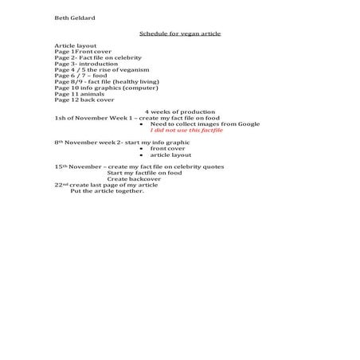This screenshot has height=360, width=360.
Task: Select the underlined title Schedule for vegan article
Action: (x=180, y=33)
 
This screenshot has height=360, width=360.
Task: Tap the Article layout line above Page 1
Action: (x=74, y=47)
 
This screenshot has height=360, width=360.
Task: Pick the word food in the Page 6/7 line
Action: (x=100, y=80)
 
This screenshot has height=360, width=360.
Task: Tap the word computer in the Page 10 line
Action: (x=139, y=94)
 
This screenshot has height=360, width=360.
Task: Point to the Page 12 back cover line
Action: (x=84, y=107)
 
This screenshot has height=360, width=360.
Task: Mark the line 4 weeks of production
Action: (x=180, y=112)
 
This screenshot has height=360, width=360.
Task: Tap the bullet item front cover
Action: (x=168, y=149)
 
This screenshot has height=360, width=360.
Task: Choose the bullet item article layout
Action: (x=170, y=155)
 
